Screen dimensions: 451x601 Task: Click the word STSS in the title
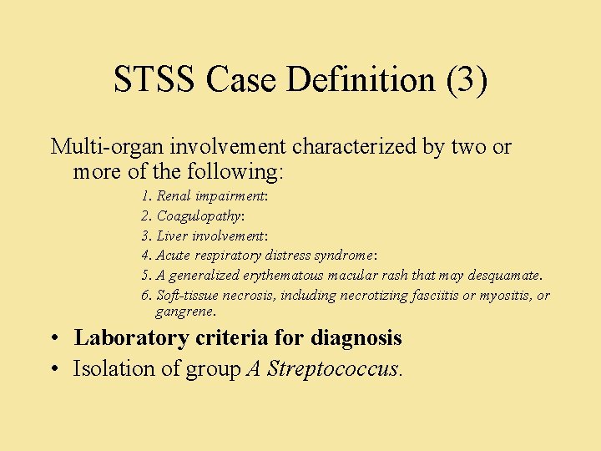point(154,80)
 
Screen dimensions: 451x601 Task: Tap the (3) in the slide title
point(467,80)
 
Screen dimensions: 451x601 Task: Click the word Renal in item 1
point(174,196)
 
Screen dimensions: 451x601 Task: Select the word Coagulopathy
point(199,216)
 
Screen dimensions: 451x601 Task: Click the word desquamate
point(504,276)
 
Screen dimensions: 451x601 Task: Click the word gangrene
point(184,312)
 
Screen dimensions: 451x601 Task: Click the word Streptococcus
point(333,368)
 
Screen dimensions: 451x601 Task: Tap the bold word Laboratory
point(131,338)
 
